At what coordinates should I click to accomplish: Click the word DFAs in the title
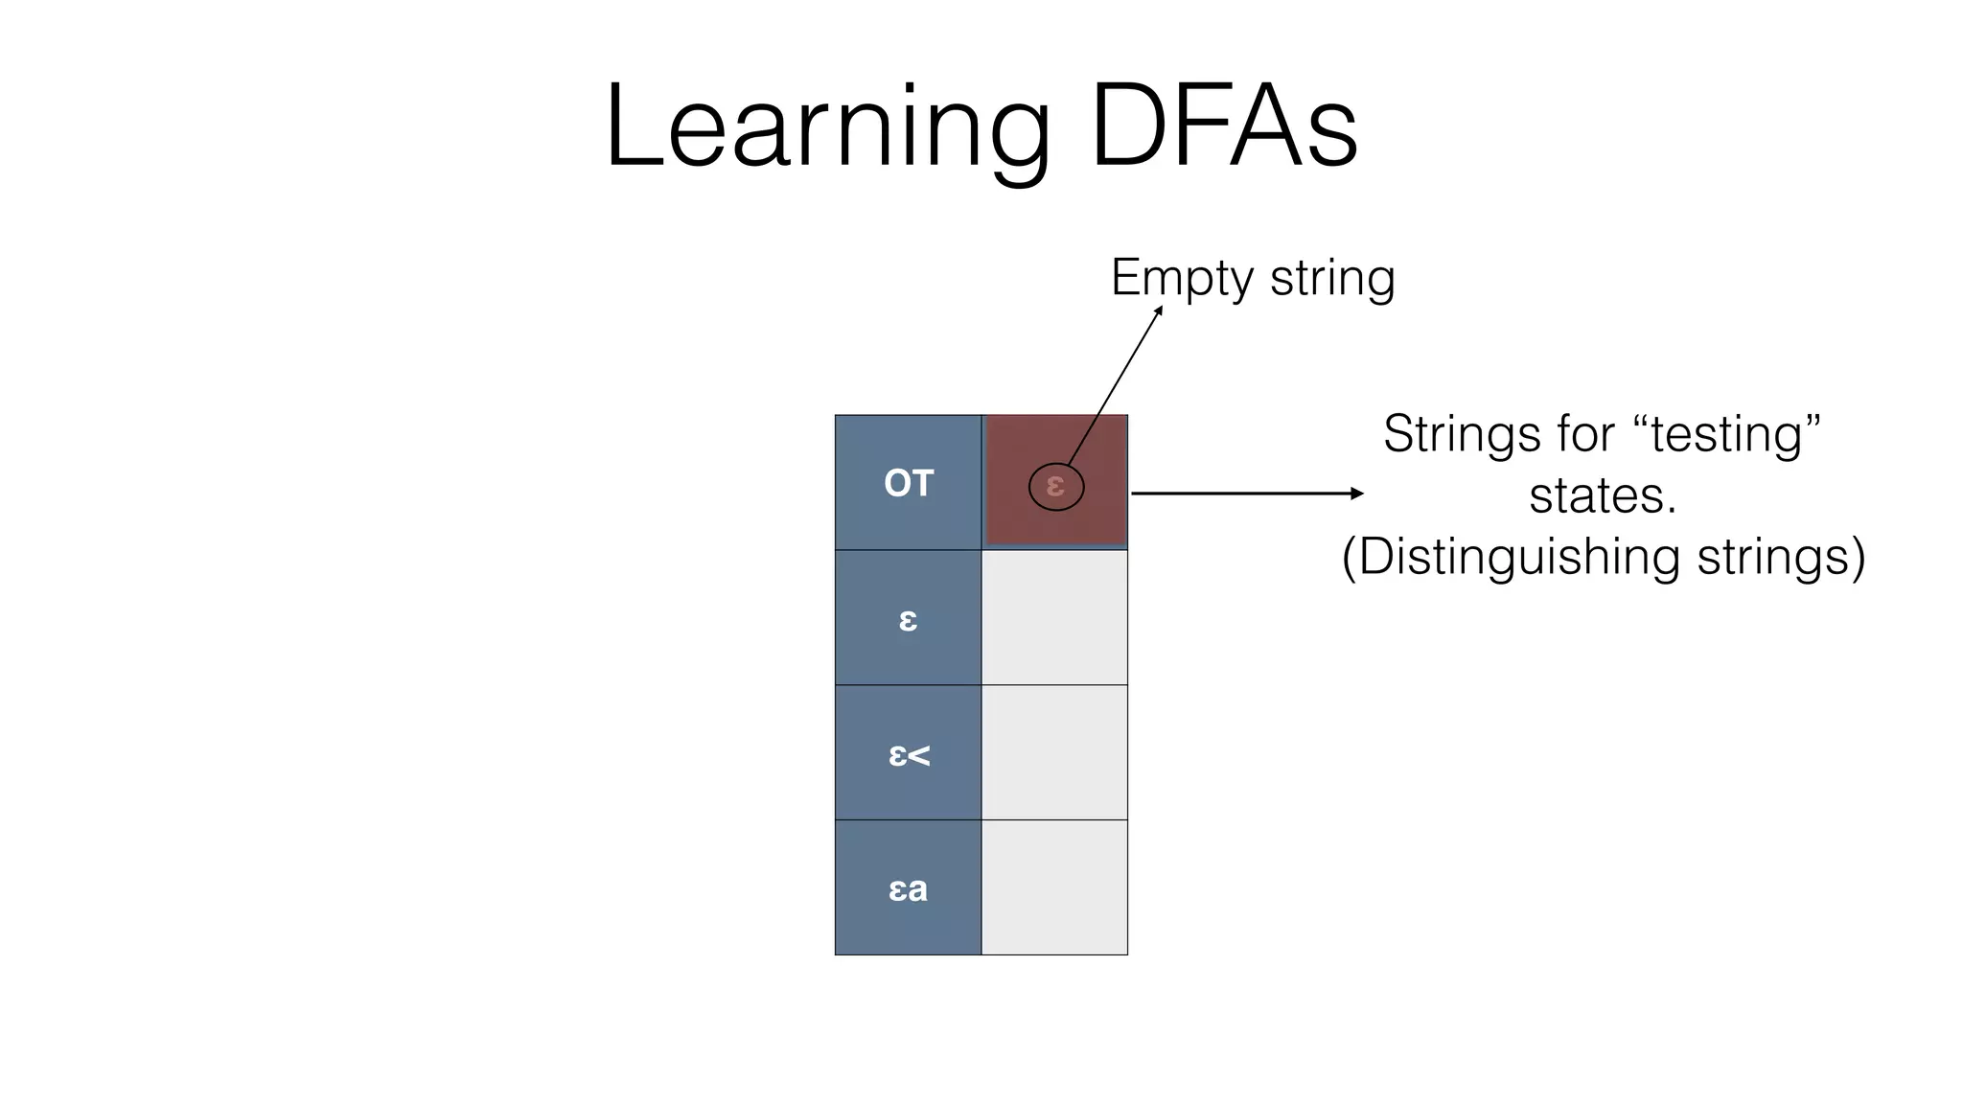pyautogui.click(x=1224, y=127)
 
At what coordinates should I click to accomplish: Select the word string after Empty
pyautogui.click(x=1332, y=278)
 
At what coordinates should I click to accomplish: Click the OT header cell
pyautogui.click(x=908, y=483)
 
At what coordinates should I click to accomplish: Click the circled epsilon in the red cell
pyautogui.click(x=1055, y=487)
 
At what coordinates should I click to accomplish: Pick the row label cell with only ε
pyautogui.click(x=908, y=618)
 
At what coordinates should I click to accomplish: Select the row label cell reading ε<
pyautogui.click(x=908, y=754)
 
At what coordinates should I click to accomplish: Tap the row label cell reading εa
pyautogui.click(x=908, y=888)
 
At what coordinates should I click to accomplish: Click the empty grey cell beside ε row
pyautogui.click(x=1054, y=618)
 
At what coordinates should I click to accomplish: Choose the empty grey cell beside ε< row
pyautogui.click(x=1054, y=753)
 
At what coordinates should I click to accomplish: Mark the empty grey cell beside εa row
pyautogui.click(x=1054, y=887)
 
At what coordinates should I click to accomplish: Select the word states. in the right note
pyautogui.click(x=1603, y=495)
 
